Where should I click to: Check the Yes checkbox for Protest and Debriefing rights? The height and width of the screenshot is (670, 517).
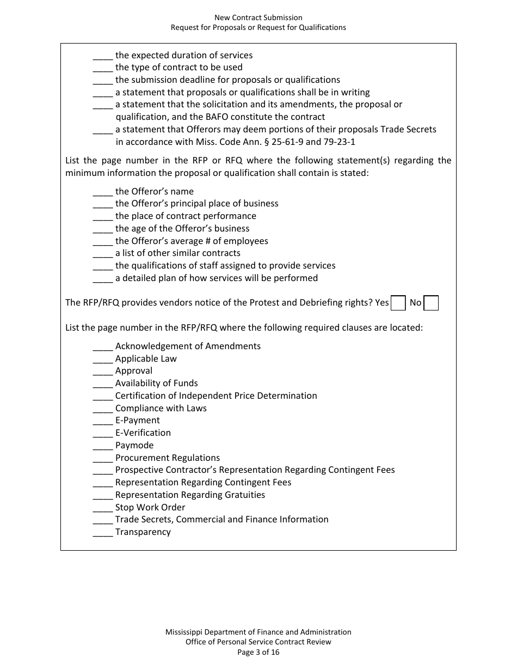[x=398, y=303]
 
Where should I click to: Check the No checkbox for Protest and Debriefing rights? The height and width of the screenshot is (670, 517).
[x=431, y=303]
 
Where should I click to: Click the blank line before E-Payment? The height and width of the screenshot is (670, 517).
[x=103, y=421]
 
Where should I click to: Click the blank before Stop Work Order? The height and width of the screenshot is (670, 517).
[x=103, y=508]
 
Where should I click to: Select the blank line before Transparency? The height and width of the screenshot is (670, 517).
[x=103, y=533]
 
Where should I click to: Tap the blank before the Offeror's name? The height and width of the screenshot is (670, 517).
[x=103, y=192]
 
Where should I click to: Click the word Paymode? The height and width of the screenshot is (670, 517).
[x=134, y=446]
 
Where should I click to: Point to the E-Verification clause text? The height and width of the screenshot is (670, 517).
[x=143, y=433]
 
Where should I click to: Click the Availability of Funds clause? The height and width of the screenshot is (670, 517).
[x=157, y=383]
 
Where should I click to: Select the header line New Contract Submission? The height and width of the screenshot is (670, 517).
[x=258, y=18]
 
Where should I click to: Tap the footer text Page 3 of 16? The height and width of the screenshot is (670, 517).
[x=258, y=652]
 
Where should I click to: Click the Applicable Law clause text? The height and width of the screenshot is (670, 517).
[x=146, y=359]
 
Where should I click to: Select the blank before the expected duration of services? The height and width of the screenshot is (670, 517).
[x=103, y=56]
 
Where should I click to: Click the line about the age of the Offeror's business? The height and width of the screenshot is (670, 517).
[x=182, y=229]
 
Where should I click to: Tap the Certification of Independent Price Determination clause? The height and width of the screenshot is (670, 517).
[x=216, y=396]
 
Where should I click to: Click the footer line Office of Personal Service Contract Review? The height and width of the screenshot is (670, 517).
[x=258, y=642]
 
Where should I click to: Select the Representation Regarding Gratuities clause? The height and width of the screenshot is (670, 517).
[x=190, y=495]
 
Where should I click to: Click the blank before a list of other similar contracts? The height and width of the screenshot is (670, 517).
[x=103, y=254]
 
